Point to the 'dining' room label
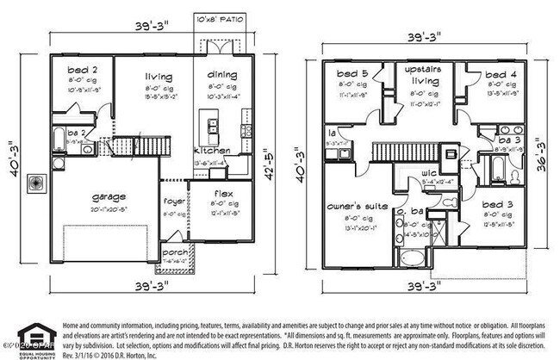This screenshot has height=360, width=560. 216,75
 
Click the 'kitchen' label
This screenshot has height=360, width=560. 212,151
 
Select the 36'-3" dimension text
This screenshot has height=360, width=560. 540,154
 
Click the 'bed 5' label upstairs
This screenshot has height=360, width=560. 353,74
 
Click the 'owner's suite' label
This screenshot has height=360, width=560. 355,207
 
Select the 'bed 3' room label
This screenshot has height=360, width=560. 487,203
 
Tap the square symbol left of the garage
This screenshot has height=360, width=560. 34,183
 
